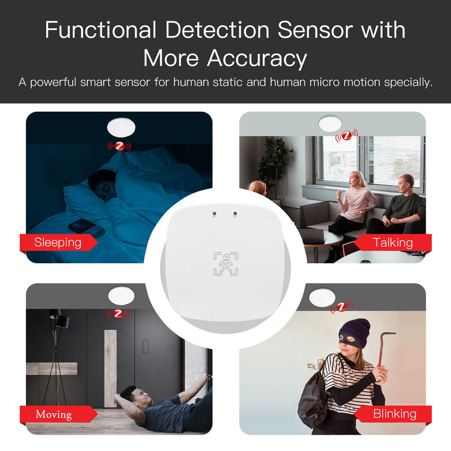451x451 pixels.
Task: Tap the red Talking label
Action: (392, 242)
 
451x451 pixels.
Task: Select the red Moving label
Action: (54, 414)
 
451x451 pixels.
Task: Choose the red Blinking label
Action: (394, 414)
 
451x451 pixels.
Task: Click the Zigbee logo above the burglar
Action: (342, 307)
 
